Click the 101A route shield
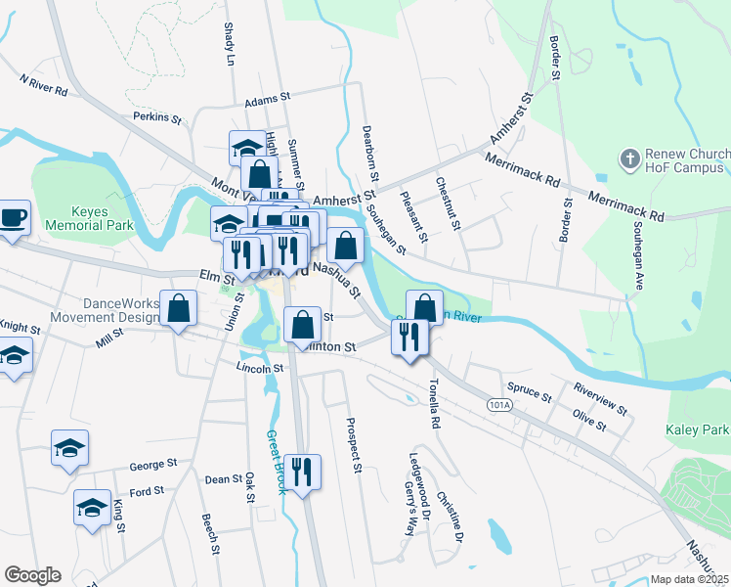[x=498, y=404]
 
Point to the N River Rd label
[x=43, y=85]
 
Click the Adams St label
[x=269, y=99]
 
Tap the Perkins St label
[x=157, y=117]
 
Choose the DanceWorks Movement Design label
[x=120, y=310]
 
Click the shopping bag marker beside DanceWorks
[x=179, y=309]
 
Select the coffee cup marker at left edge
[x=13, y=217]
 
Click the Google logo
[x=32, y=575]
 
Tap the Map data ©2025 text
[x=688, y=579]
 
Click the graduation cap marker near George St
[x=70, y=448]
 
